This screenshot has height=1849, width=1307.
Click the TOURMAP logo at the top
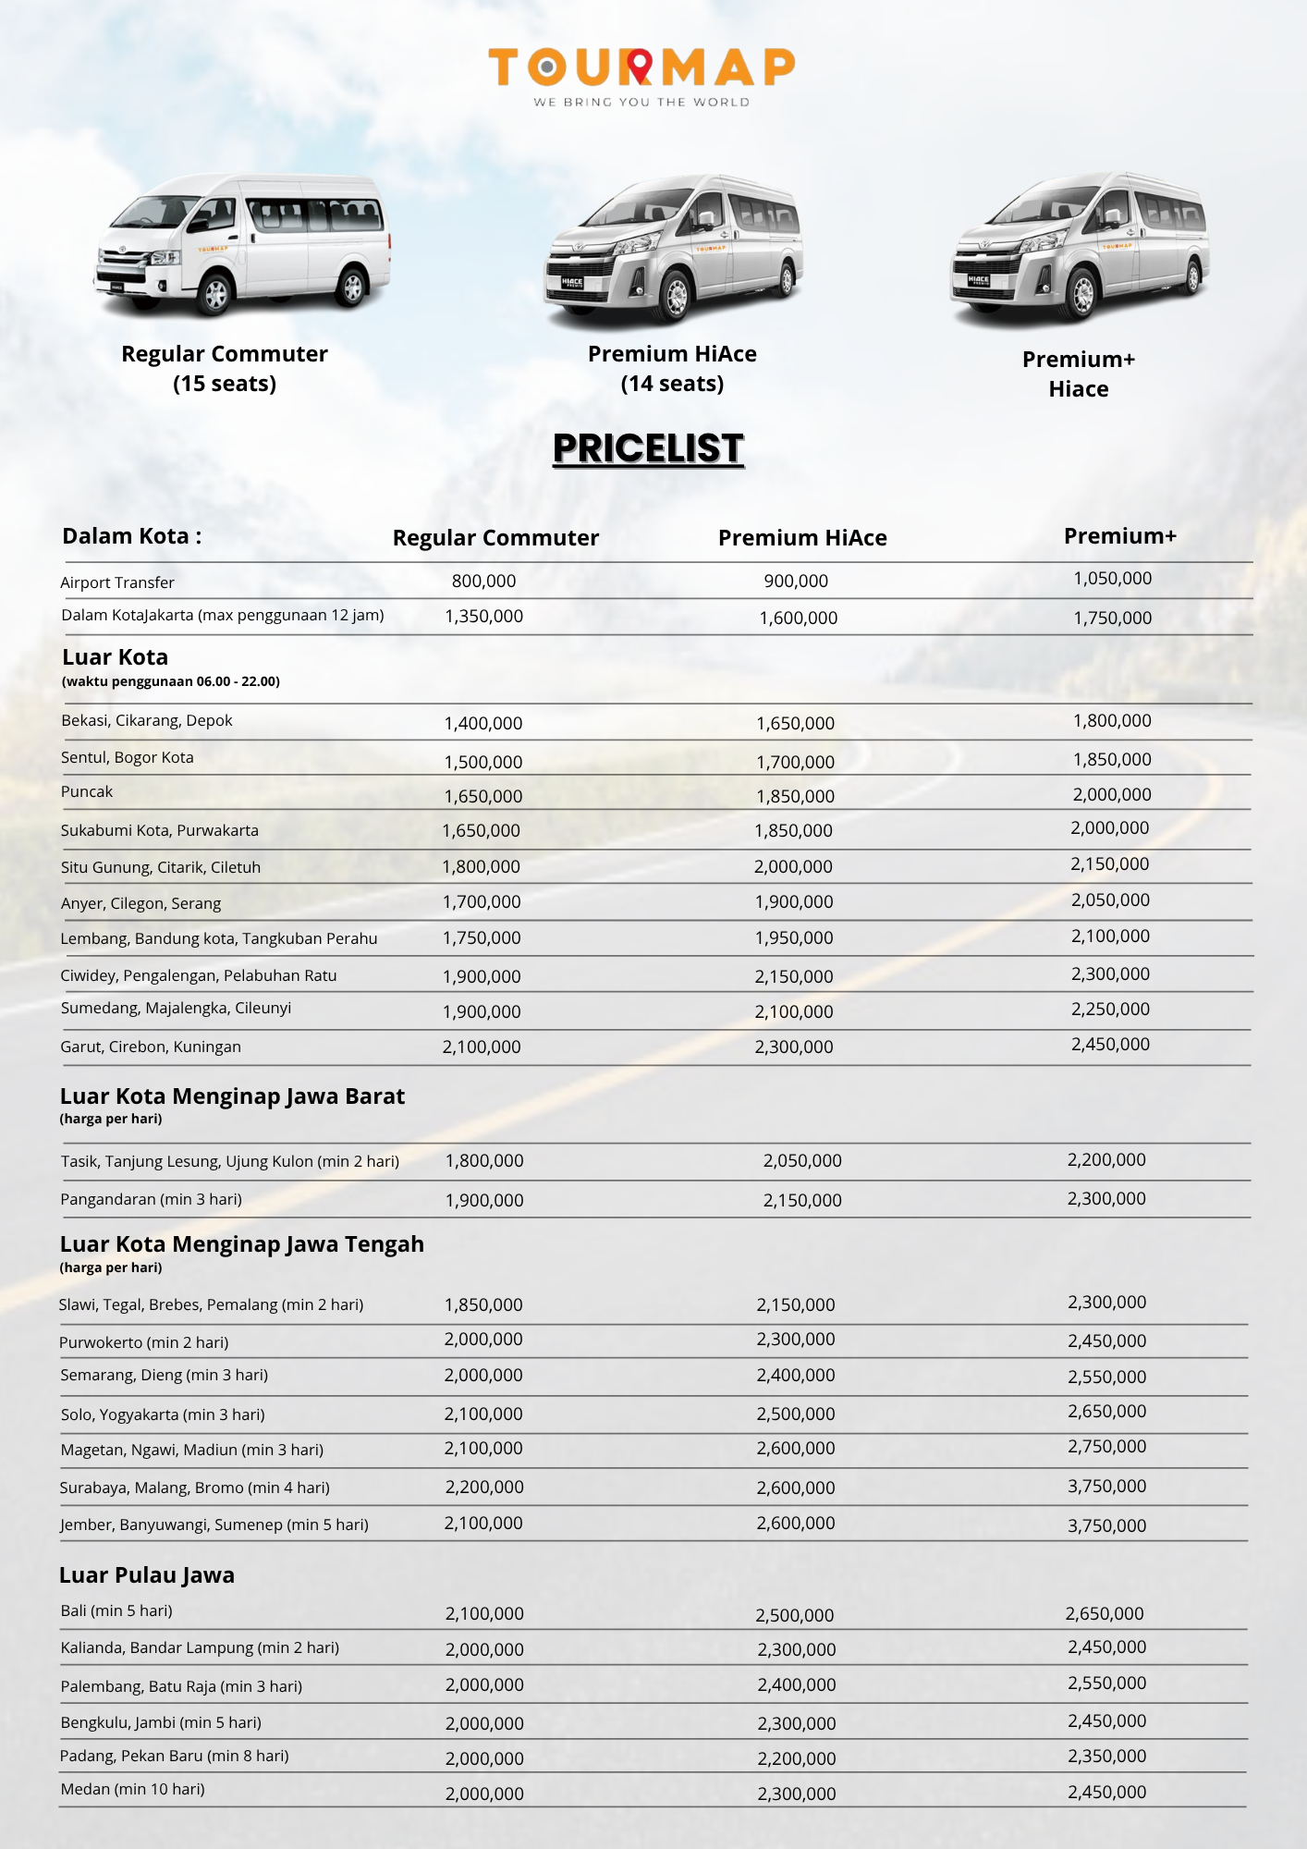(x=641, y=74)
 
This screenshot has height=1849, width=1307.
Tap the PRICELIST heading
(x=648, y=448)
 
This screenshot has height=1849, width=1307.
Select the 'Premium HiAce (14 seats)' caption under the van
(x=672, y=369)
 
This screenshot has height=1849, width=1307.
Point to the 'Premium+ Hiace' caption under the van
(x=1078, y=374)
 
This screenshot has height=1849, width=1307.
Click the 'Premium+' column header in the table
(x=1119, y=536)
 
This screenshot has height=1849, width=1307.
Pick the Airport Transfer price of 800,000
(x=483, y=582)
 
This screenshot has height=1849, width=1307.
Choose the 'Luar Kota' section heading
(x=116, y=657)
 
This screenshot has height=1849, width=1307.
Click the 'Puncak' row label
(x=87, y=792)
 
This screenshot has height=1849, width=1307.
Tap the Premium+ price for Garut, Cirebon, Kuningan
(x=1110, y=1045)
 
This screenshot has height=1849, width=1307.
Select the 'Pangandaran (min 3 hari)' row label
(x=151, y=1200)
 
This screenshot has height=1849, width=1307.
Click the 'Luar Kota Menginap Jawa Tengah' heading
(x=241, y=1244)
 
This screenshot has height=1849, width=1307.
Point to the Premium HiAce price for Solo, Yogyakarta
(x=795, y=1414)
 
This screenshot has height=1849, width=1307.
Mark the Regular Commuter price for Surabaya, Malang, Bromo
(x=483, y=1488)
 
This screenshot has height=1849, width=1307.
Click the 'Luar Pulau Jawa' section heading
(x=147, y=1575)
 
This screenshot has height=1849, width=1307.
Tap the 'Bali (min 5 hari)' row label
(x=116, y=1611)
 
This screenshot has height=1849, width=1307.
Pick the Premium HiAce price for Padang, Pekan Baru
(x=796, y=1759)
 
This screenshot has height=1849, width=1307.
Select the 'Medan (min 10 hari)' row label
(x=132, y=1790)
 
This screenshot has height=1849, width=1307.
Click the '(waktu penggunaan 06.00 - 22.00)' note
(x=171, y=682)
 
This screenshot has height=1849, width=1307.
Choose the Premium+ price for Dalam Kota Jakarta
(x=1112, y=618)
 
